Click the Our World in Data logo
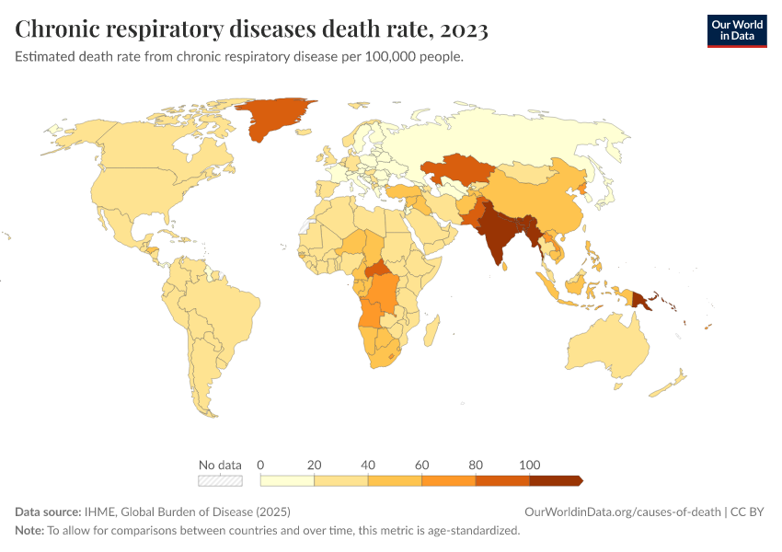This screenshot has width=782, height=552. click(736, 30)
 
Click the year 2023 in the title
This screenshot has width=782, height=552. click(464, 29)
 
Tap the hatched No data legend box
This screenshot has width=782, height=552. click(220, 480)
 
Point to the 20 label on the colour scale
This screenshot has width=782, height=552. click(315, 464)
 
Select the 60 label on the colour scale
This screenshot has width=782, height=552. click(422, 464)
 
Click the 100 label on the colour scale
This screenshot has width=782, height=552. click(530, 464)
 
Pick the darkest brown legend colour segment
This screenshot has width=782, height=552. click(555, 480)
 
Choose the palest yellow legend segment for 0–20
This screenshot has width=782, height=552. click(287, 480)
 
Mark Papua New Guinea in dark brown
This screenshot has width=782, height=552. click(641, 298)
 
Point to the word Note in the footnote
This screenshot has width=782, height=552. click(29, 531)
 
